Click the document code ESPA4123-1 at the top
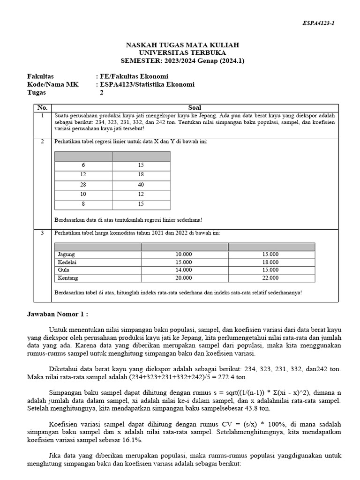point(318,23)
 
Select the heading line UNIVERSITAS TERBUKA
point(182,52)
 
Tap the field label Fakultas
point(41,76)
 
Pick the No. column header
point(42,107)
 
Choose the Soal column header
point(194,107)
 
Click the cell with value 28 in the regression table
point(83,185)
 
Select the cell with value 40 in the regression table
point(141,185)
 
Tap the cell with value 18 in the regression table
point(141,175)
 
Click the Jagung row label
point(66,254)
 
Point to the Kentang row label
point(67,278)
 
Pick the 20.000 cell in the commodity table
point(184,278)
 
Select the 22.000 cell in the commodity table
point(270,278)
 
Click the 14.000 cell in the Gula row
point(184,270)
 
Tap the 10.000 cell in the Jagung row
point(184,254)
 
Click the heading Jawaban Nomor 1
point(57,314)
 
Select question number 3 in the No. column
point(42,232)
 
